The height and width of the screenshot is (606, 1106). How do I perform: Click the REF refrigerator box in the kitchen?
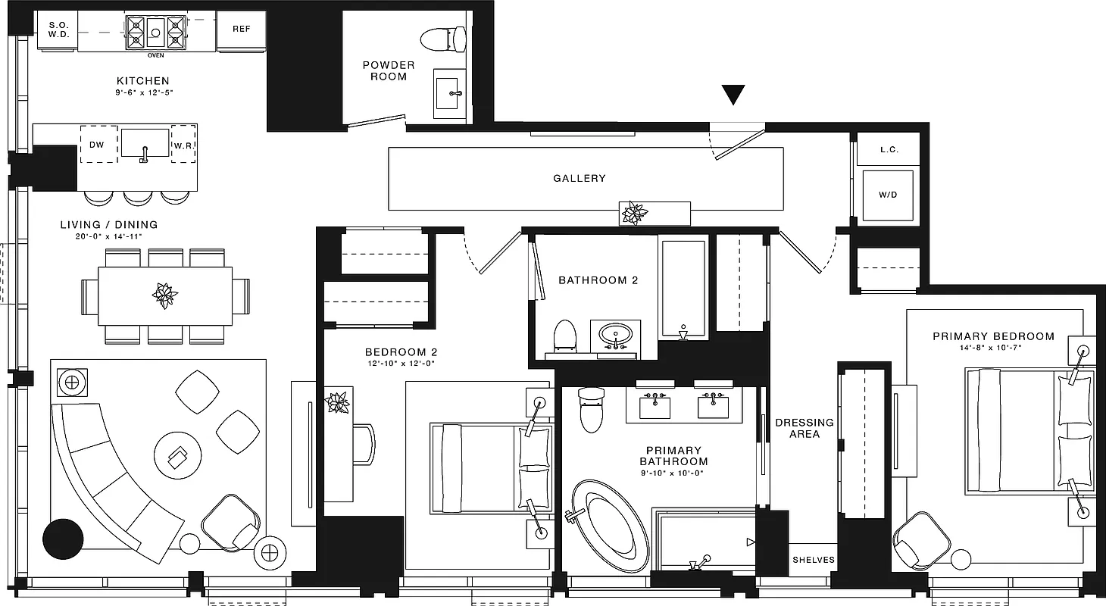point(241,30)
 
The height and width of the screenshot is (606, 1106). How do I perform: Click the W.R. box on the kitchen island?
point(183,144)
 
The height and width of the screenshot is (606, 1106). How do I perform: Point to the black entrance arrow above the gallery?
point(733,94)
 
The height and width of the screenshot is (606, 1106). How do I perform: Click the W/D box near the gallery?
point(888,195)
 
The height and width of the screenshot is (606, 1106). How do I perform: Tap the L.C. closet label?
point(889,150)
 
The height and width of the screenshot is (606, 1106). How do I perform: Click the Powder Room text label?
point(389,70)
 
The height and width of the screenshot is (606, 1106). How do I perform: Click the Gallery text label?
point(580,178)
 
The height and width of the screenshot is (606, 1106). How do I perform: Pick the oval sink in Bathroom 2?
point(615,334)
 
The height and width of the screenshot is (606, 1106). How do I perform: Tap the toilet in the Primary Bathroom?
point(590,411)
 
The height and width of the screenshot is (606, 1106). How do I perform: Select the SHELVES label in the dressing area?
point(814,560)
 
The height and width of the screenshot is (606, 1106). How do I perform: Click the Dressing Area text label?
point(804,428)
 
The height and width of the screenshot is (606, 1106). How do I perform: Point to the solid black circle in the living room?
point(63,539)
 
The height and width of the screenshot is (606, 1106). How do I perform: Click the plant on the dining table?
point(164,295)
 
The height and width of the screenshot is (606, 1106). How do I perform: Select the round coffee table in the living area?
point(178,457)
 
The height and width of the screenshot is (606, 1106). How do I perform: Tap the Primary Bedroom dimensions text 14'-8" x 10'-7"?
point(992,348)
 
